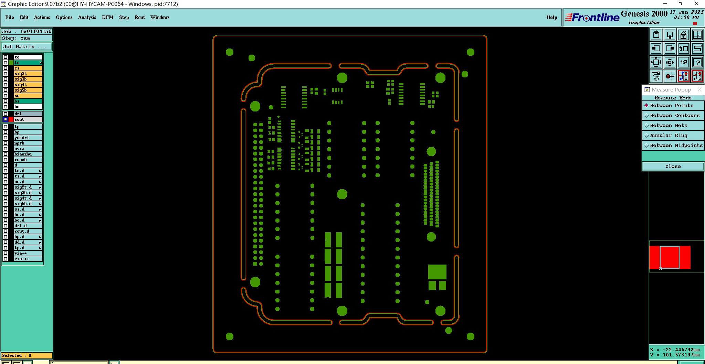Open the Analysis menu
[87, 17]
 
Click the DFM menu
[108, 17]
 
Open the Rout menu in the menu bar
[140, 17]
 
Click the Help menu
[551, 17]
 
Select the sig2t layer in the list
[28, 74]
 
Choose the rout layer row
[28, 119]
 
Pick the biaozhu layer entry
[28, 154]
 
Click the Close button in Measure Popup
[673, 167]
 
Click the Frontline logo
[592, 17]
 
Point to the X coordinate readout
[675, 350]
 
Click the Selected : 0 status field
[27, 355]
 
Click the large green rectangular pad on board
[437, 272]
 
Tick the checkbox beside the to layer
[6, 57]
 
